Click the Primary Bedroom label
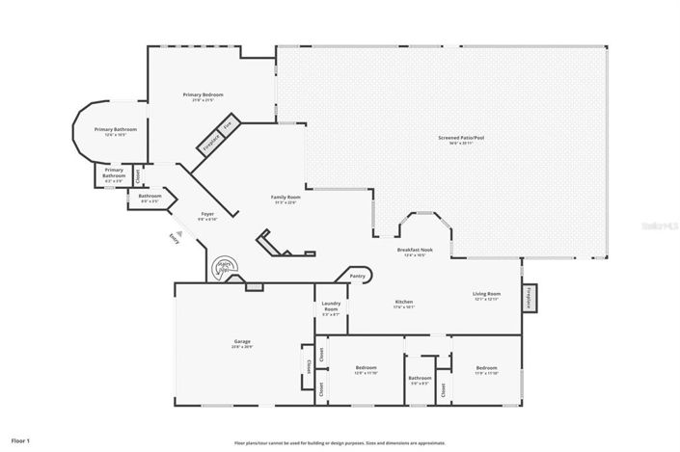pyautogui.click(x=204, y=94)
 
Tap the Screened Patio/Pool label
pyautogui.click(x=461, y=138)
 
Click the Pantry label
pyautogui.click(x=357, y=276)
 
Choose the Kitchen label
pyautogui.click(x=403, y=302)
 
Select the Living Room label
pyautogui.click(x=486, y=294)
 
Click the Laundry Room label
pyautogui.click(x=331, y=306)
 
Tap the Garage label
pyautogui.click(x=242, y=341)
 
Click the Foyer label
pyautogui.click(x=207, y=214)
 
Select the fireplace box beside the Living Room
pyautogui.click(x=529, y=298)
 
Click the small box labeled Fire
pyautogui.click(x=228, y=125)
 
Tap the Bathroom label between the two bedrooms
pyautogui.click(x=420, y=379)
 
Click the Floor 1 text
pyautogui.click(x=21, y=440)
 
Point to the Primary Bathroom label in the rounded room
pyautogui.click(x=115, y=129)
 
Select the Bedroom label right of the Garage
pyautogui.click(x=366, y=368)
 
